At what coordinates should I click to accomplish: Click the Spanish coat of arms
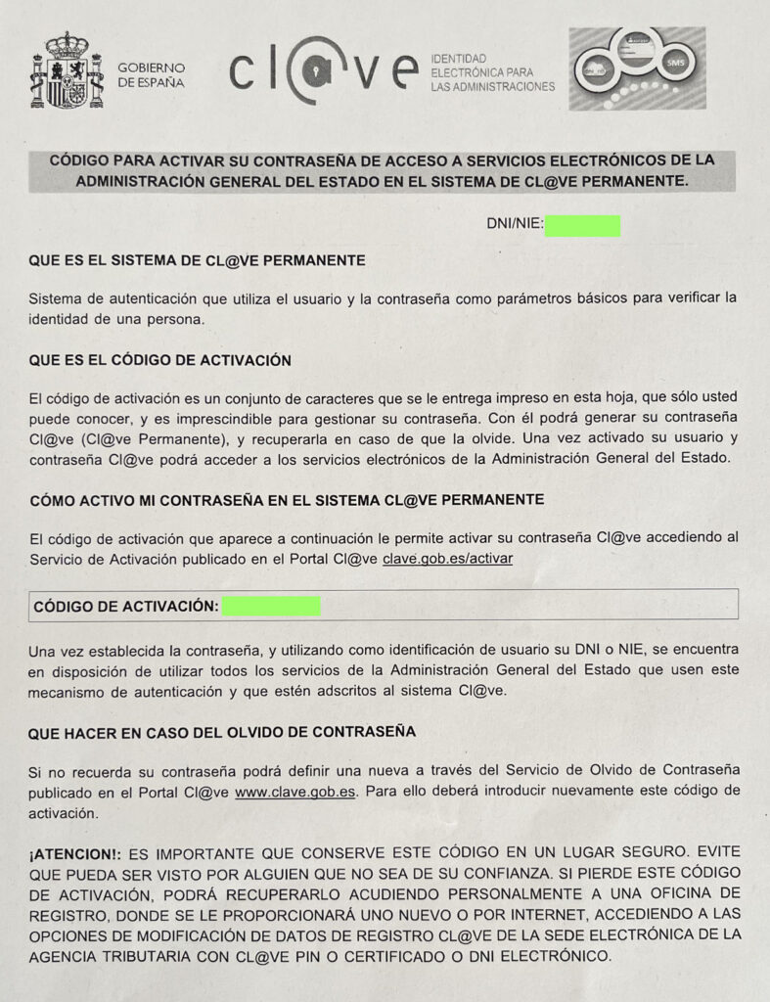(67, 69)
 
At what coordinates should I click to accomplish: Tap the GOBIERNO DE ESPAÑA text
(151, 75)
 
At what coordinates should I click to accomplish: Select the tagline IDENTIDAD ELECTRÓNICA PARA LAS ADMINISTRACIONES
(492, 73)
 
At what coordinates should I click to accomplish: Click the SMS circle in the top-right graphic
(676, 62)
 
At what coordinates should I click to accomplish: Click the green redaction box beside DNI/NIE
(582, 226)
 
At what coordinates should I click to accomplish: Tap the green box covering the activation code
(271, 606)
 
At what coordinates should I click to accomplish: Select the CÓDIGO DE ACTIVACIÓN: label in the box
(125, 606)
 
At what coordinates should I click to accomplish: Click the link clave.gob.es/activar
(447, 558)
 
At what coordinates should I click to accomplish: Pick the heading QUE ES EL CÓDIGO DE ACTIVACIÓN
(160, 360)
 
